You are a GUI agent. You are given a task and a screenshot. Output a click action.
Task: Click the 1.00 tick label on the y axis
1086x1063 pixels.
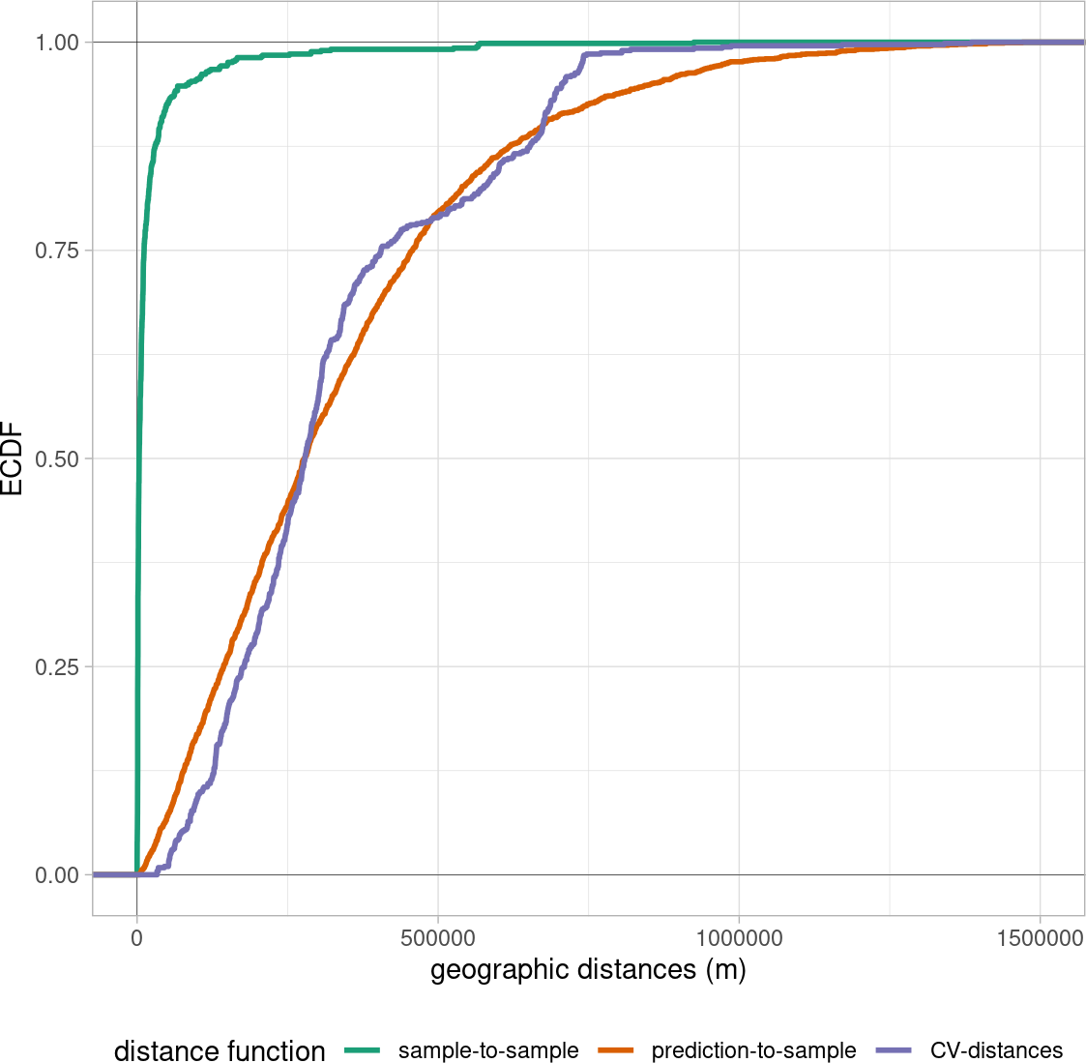57,43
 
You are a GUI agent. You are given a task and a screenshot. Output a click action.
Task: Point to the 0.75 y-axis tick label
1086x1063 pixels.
57,251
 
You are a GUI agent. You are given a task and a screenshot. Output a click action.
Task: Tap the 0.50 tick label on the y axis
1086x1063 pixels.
57,458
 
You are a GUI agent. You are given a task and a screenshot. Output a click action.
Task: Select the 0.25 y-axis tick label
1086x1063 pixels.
57,666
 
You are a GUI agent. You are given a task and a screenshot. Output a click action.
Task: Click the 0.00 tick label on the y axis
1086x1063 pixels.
57,875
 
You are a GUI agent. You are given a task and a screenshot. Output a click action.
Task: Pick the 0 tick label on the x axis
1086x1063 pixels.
137,938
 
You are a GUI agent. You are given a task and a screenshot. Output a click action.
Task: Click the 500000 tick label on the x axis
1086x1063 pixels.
438,938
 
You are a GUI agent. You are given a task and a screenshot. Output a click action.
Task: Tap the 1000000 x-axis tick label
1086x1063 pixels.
739,938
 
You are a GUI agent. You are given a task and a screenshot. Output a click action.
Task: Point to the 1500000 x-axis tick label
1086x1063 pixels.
1041,938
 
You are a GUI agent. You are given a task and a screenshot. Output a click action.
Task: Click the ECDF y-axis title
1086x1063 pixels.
12,458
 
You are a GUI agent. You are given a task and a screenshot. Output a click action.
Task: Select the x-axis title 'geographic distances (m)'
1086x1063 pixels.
588,970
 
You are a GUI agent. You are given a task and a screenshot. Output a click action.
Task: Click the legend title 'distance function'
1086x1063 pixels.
220,1050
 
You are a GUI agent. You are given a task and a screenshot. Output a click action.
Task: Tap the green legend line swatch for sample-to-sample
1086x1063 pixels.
363,1050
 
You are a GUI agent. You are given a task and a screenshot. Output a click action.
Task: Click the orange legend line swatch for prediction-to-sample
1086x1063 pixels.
616,1050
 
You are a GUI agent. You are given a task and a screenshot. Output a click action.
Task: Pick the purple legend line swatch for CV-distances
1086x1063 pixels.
894,1050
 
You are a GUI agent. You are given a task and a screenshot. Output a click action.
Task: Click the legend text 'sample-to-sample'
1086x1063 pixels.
488,1050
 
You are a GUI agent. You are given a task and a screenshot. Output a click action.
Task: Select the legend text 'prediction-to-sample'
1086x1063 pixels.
753,1050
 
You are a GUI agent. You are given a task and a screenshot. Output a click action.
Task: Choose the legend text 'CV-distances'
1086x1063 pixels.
997,1050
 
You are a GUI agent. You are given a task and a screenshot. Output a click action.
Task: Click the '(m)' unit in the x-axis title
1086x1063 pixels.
726,970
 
